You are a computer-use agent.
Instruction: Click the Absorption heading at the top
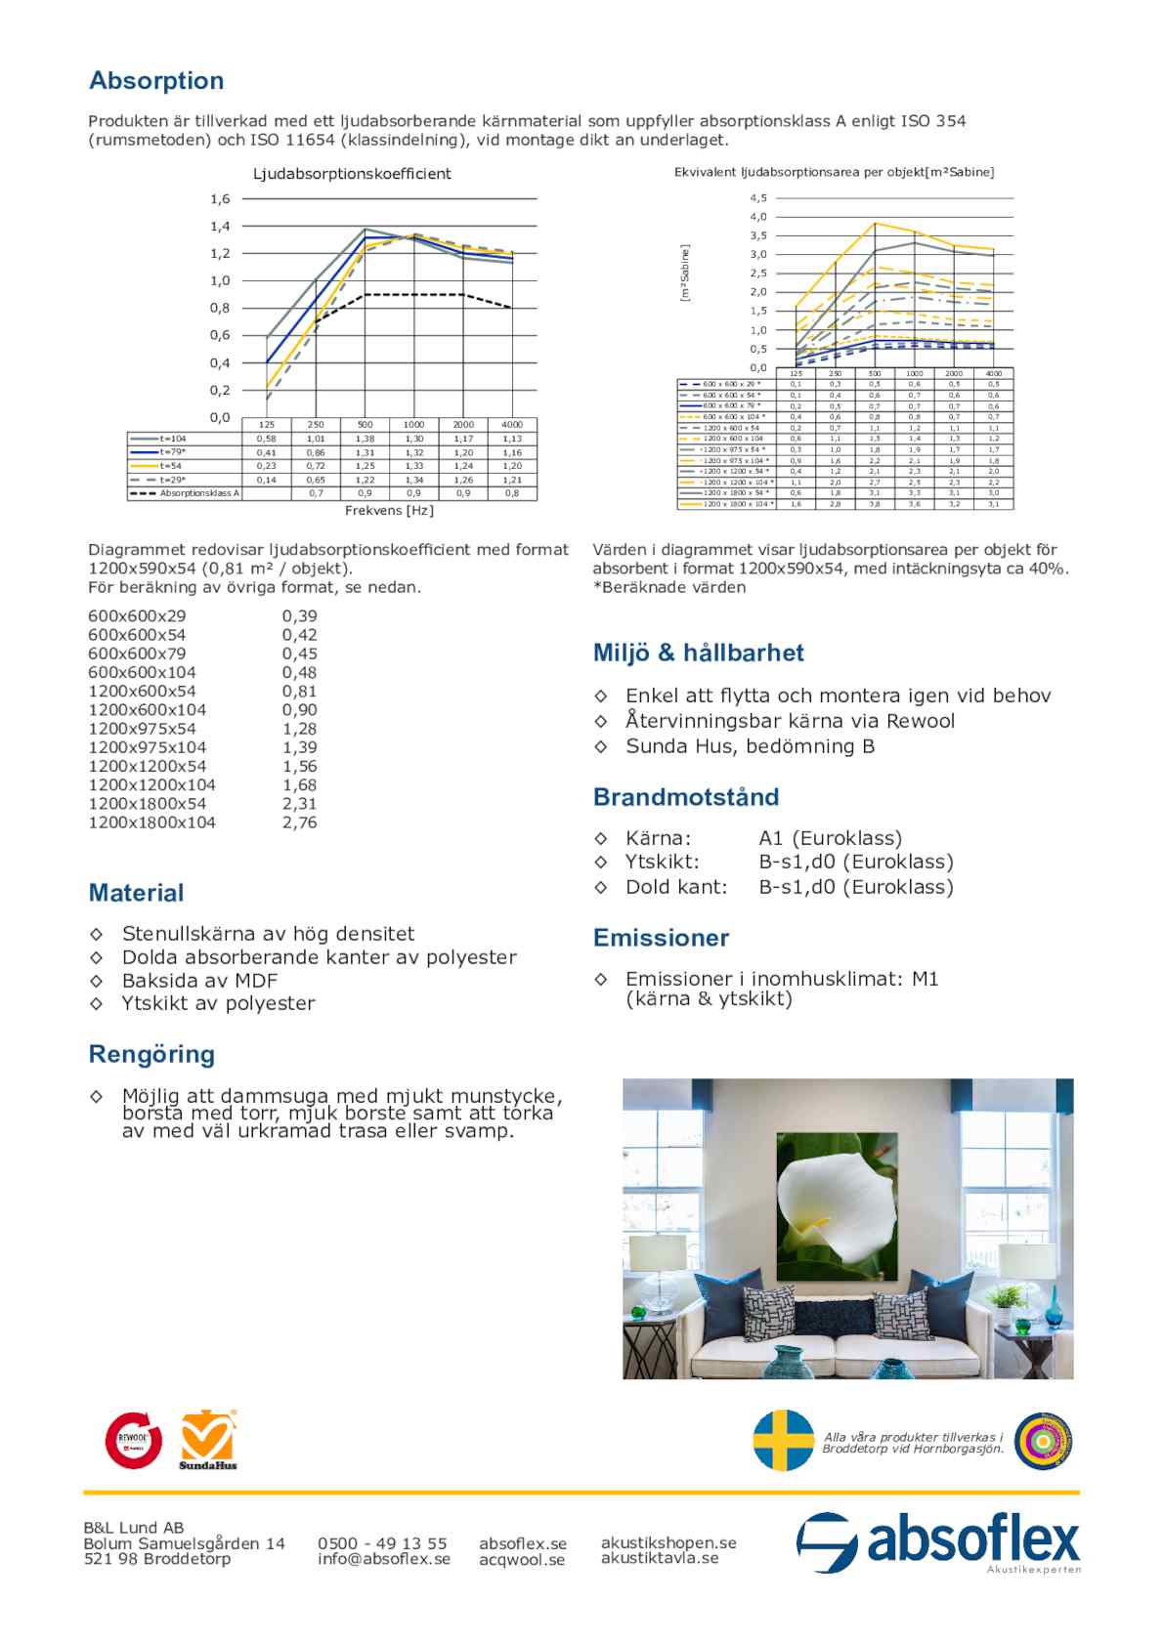(156, 81)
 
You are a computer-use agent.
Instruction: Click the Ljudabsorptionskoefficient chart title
(352, 174)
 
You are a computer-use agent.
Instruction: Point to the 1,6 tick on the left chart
(220, 199)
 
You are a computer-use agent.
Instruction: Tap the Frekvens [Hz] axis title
(389, 511)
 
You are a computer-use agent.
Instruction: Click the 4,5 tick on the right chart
(758, 198)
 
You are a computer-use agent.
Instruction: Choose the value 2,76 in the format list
(300, 822)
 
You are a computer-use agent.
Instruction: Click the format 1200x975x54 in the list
(142, 729)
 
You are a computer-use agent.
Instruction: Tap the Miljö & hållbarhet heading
(698, 653)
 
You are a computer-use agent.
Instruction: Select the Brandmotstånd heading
(686, 797)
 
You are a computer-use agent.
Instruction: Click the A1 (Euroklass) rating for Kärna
(830, 838)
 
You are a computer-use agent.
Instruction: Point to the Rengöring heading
(151, 1054)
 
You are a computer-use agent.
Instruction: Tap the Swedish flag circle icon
(784, 1440)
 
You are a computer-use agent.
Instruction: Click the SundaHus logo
(208, 1439)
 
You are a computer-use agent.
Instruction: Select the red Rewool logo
(134, 1439)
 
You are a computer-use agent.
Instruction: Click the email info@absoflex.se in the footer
(384, 1559)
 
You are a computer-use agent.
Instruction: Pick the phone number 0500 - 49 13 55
(382, 1543)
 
